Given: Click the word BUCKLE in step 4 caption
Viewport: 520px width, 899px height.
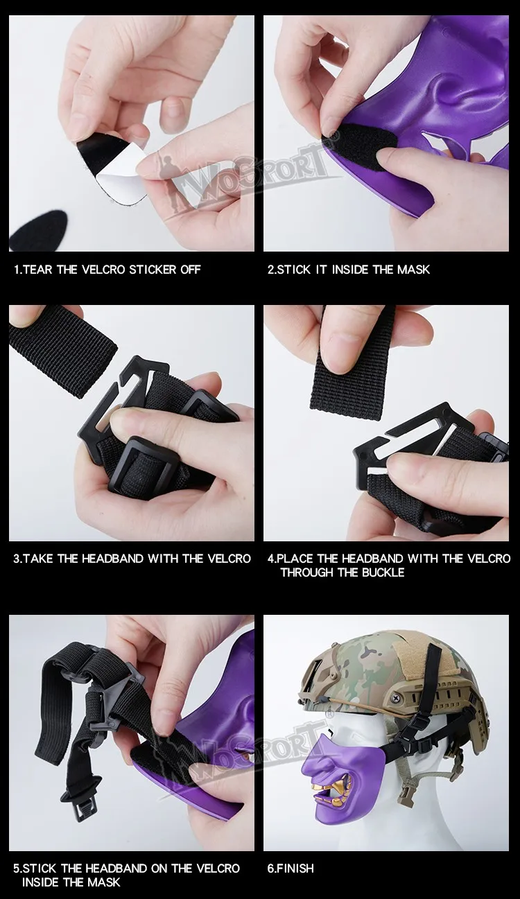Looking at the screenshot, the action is click(x=383, y=573).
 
